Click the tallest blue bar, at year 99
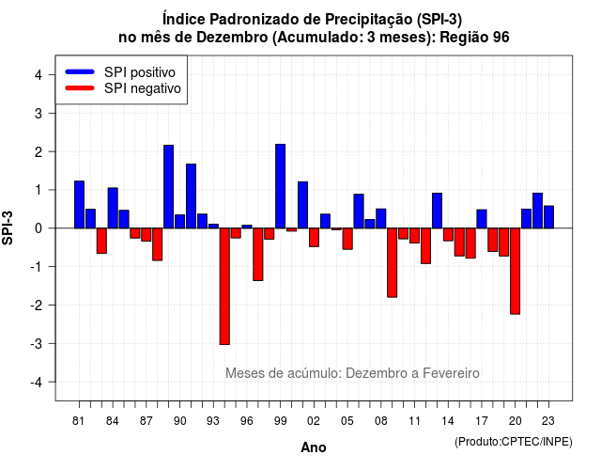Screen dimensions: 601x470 pos(280,186)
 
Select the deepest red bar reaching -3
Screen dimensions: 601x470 pos(224,286)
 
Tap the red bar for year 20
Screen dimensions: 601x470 pos(516,272)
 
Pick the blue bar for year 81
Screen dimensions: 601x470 pos(79,205)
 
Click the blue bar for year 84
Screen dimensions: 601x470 pos(113,208)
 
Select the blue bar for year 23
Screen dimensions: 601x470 pos(548,217)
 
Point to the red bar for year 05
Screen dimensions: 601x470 pos(347,239)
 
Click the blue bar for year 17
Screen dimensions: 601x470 pos(482,219)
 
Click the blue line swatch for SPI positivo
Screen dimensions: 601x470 pos(80,71)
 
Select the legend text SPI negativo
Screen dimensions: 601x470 pos(142,88)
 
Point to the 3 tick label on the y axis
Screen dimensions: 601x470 pos(39,113)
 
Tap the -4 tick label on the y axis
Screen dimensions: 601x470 pos(37,383)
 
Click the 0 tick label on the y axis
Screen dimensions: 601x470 pos(39,228)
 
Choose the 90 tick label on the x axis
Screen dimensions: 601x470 pos(179,421)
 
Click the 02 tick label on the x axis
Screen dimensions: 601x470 pos(314,421)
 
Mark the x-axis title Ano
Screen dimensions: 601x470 pos(314,447)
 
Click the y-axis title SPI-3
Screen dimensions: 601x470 pos(8,227)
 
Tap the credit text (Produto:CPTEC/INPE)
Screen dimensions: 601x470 pos(514,442)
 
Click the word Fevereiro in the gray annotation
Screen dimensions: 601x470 pos(451,373)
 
